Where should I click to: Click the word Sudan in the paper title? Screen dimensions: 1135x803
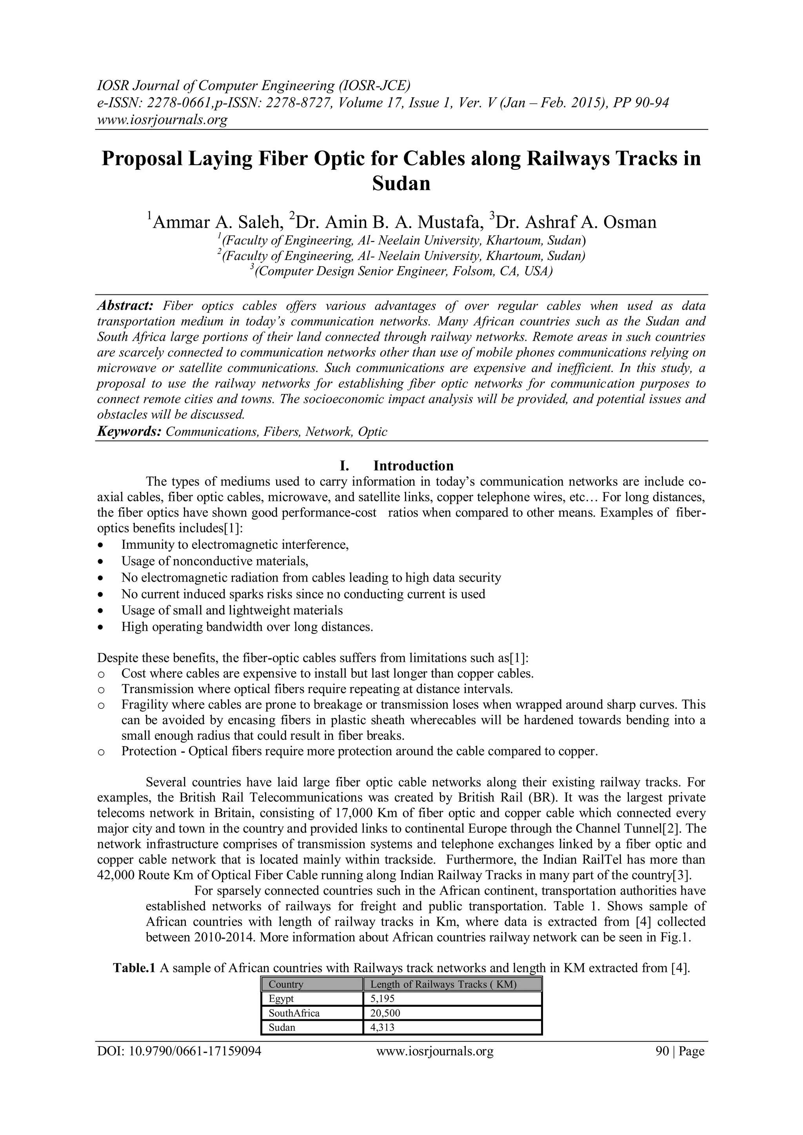point(401,184)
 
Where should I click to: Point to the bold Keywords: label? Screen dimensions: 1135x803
point(129,432)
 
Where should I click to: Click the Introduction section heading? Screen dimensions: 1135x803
point(413,466)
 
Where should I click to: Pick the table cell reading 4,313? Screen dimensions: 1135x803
point(382,1027)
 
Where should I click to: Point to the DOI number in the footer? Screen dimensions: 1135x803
point(179,1051)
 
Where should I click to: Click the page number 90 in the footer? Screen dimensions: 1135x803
point(661,1051)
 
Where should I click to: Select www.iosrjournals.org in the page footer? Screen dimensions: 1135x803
point(434,1051)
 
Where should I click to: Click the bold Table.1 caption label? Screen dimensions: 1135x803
point(134,968)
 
